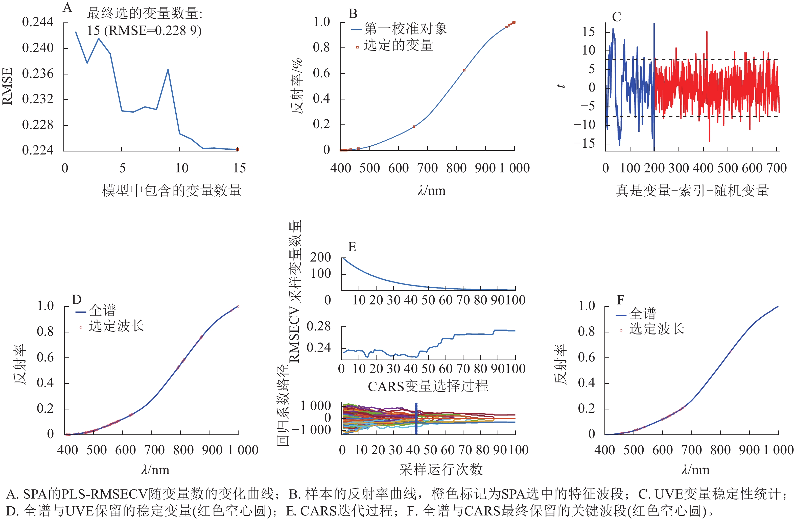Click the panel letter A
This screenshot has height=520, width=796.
[x=67, y=7]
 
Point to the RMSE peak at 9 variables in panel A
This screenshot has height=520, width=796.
[x=168, y=69]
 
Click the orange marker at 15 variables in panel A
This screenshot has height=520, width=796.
[x=238, y=149]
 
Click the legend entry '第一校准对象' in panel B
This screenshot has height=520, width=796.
[x=405, y=29]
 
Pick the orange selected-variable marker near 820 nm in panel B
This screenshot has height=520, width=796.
[x=464, y=70]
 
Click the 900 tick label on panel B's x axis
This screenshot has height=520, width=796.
[x=485, y=168]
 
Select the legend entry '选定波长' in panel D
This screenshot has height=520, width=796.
[x=116, y=326]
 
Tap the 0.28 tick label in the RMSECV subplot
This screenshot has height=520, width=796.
[x=318, y=326]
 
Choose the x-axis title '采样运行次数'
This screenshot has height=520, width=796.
[x=441, y=470]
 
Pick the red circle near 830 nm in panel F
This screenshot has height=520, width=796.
[x=730, y=352]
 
